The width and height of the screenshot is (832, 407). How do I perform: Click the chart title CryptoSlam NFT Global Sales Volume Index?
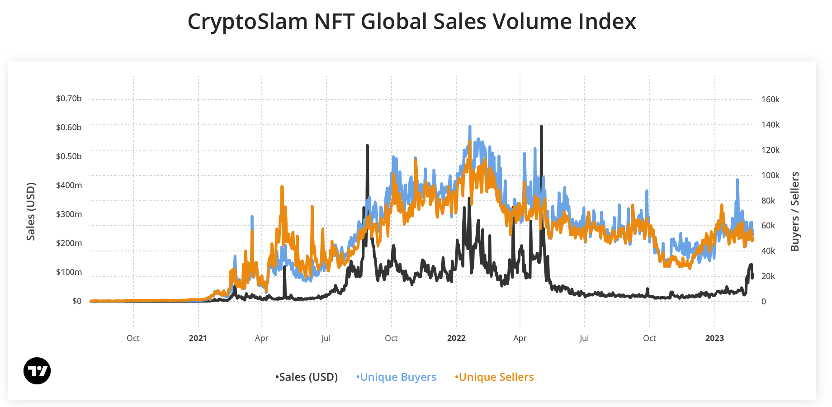click(x=411, y=22)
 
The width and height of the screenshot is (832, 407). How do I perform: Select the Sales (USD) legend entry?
click(x=307, y=377)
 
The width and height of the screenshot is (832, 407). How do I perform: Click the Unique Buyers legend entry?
click(x=397, y=377)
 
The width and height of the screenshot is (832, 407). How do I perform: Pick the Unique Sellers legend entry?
click(x=495, y=377)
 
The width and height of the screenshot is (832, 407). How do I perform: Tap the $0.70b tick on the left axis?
click(x=69, y=99)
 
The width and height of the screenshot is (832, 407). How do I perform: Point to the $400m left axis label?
click(x=69, y=185)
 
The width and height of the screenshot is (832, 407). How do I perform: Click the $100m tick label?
click(x=69, y=272)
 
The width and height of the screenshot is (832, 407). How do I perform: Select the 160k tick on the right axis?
click(x=771, y=99)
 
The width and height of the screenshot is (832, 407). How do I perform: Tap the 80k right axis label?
click(x=768, y=201)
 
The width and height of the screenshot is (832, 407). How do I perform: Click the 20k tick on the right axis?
click(x=768, y=276)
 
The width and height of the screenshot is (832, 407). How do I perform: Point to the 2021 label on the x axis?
click(x=198, y=338)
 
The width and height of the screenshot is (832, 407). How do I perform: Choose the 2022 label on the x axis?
click(x=456, y=338)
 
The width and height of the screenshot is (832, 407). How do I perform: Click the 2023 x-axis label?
click(x=714, y=338)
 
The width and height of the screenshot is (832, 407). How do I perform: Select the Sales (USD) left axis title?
click(x=31, y=212)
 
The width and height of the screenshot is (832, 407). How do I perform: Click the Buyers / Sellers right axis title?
click(x=795, y=212)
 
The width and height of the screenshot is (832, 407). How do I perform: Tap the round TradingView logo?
click(x=37, y=371)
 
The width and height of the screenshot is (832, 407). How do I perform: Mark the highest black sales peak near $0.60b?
click(x=541, y=127)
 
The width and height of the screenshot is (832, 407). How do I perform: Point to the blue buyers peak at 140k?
click(x=470, y=127)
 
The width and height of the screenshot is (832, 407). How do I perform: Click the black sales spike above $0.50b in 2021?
click(x=367, y=146)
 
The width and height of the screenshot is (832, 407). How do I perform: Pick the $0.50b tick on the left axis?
click(x=69, y=156)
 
